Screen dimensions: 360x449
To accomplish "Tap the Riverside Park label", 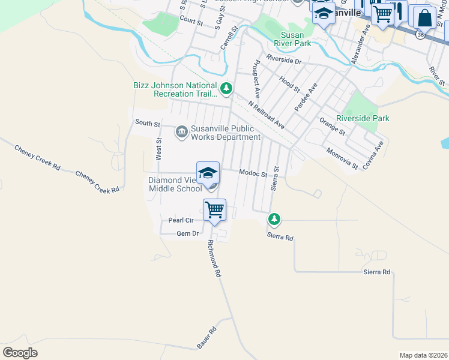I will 363,118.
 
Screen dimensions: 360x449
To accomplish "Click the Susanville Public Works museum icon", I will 181,131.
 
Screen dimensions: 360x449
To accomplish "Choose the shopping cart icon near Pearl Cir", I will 214,210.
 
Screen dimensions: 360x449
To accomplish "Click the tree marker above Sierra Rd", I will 274,219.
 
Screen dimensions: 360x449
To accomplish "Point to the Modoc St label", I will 253,173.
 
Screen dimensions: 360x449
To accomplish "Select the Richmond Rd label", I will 215,259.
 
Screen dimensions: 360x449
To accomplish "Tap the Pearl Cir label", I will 180,220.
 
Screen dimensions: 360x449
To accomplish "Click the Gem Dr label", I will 187,233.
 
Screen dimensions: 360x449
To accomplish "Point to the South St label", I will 147,123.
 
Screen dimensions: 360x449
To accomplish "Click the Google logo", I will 20,353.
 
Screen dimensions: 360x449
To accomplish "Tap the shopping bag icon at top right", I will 424,19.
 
